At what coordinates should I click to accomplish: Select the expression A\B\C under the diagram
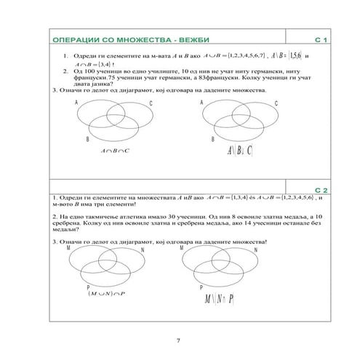point(239,151)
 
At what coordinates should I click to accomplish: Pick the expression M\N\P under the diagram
point(217,300)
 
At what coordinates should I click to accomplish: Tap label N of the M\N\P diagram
point(255,250)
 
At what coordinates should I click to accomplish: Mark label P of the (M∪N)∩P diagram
point(89,287)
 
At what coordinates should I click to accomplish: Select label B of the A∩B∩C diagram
point(87,137)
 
